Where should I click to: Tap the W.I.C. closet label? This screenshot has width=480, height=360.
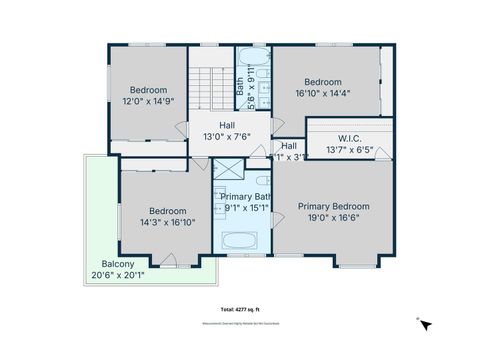(x=349, y=139)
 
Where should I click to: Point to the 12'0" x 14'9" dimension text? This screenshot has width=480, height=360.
(x=148, y=101)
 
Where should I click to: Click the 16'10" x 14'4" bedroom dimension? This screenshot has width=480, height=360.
(x=322, y=94)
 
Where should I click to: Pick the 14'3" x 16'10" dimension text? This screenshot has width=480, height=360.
(x=167, y=223)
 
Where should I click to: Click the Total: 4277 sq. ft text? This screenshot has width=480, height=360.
(x=239, y=309)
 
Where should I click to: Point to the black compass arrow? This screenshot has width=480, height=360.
(x=426, y=325)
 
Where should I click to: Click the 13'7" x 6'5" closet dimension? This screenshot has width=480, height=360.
(x=349, y=151)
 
